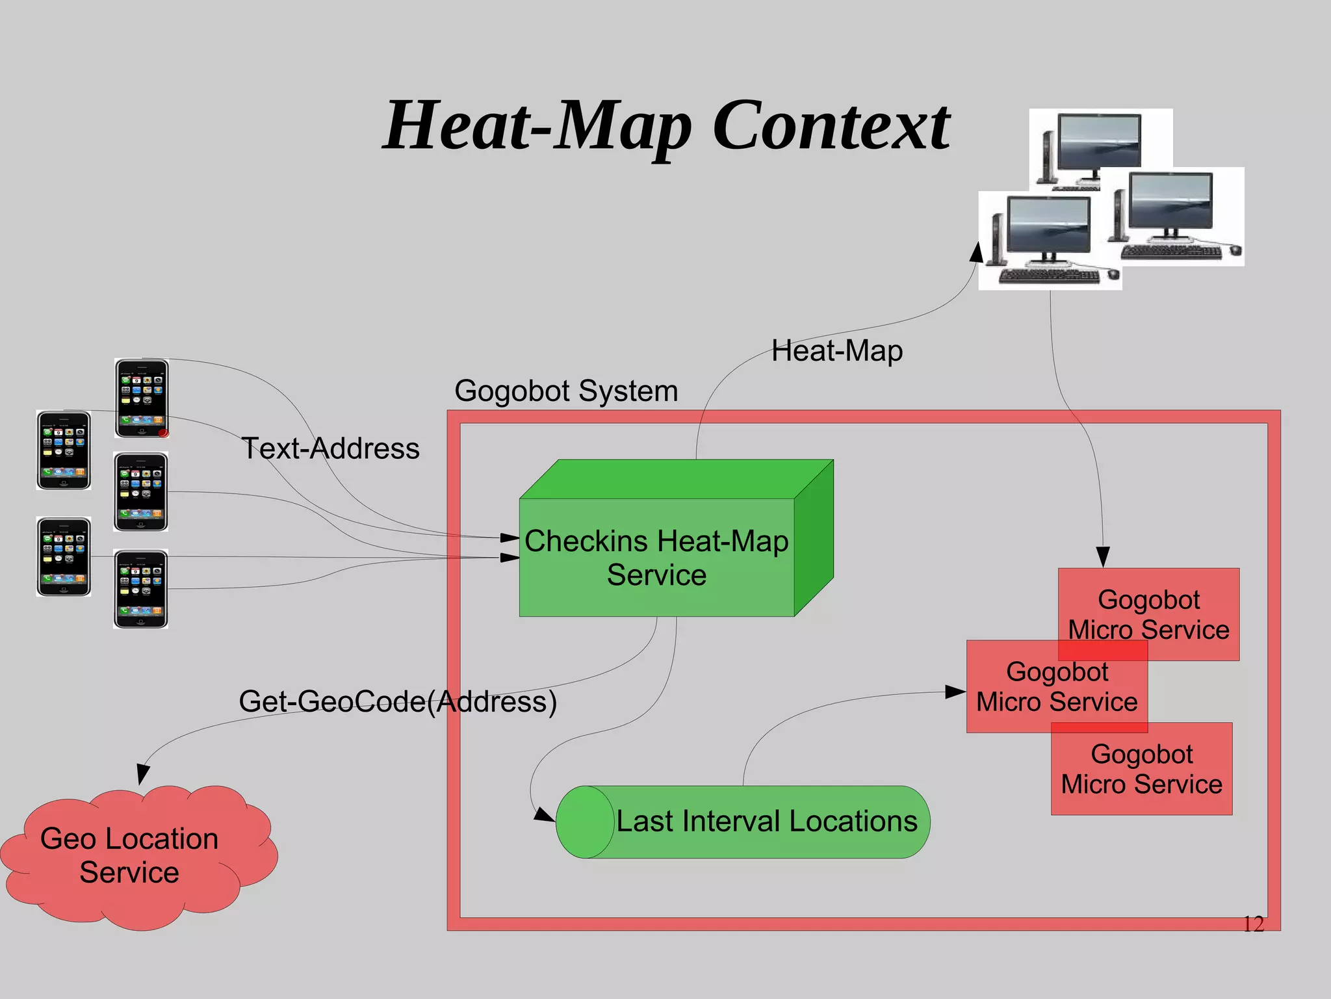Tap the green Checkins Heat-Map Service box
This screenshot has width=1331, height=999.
tap(656, 558)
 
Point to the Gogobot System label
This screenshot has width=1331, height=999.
tap(566, 391)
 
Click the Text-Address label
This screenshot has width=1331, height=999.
tap(330, 448)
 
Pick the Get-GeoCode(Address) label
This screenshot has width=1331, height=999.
tap(398, 701)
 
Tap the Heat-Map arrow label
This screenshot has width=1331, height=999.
tap(837, 351)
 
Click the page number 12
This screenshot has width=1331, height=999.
tap(1253, 924)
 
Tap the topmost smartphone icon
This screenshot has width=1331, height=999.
tap(142, 398)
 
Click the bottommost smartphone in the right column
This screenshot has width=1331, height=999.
tap(141, 589)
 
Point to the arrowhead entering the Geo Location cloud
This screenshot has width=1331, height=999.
tap(143, 775)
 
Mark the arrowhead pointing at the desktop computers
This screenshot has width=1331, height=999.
tap(976, 252)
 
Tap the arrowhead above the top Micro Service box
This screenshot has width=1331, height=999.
tap(1103, 557)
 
